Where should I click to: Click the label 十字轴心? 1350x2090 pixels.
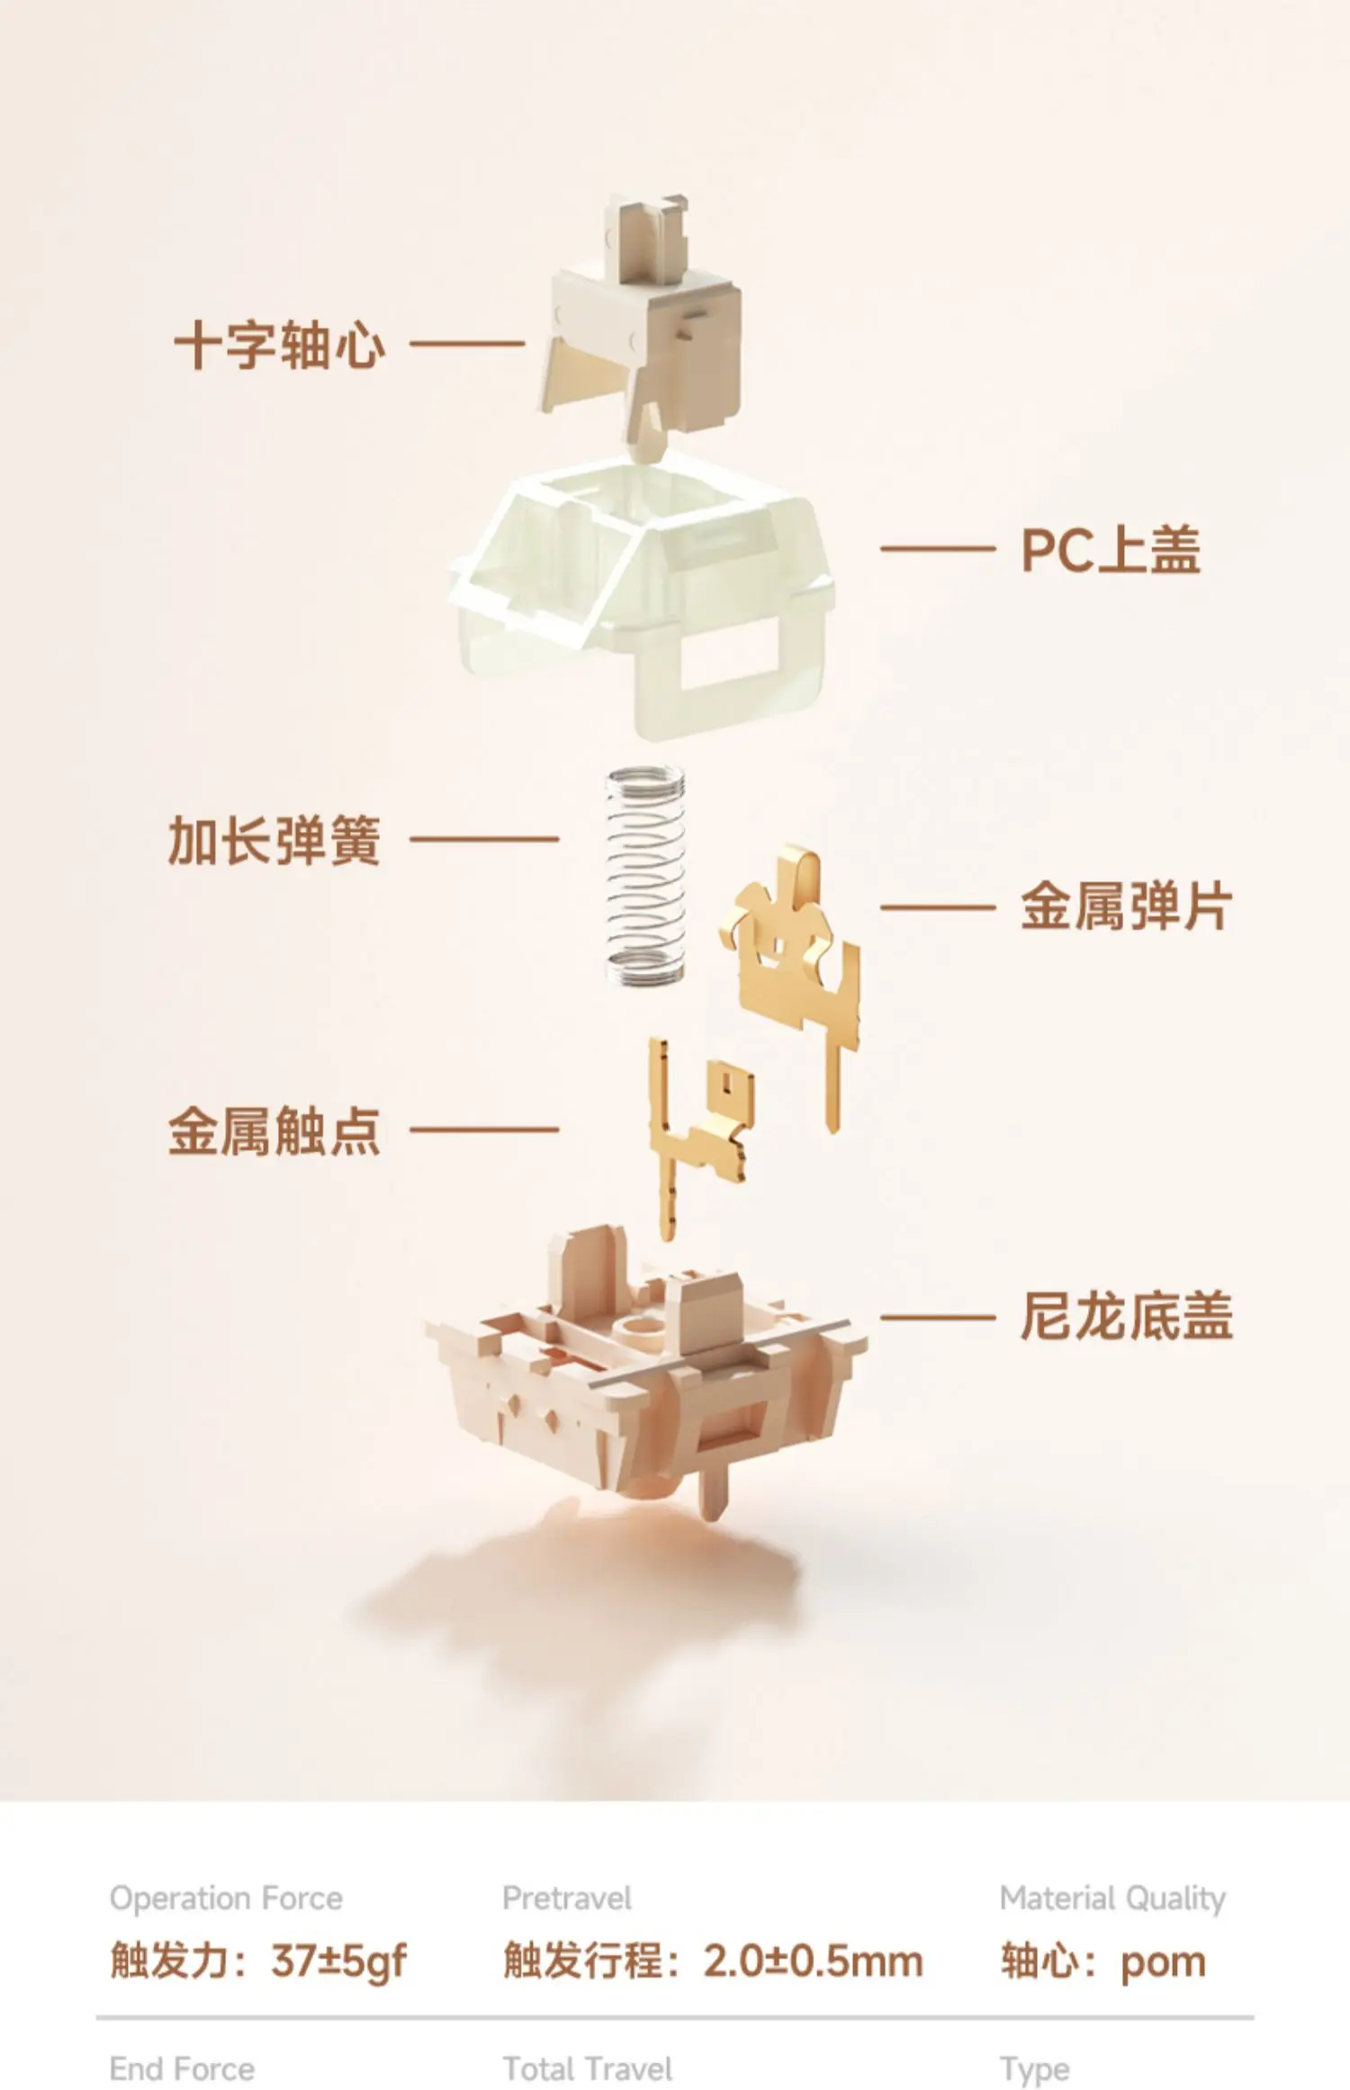[x=280, y=344]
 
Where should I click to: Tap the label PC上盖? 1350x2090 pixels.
[x=1111, y=549]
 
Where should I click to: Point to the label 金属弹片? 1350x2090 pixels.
[x=1126, y=906]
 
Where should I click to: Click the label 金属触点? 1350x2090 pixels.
[x=274, y=1131]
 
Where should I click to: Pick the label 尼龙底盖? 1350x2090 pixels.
[x=1126, y=1317]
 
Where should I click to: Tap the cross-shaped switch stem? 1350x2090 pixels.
[x=642, y=324]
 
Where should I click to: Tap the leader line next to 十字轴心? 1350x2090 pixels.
[x=467, y=343]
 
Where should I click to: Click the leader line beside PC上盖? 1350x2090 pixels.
[x=938, y=548]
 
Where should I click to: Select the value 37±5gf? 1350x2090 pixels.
[x=339, y=1961]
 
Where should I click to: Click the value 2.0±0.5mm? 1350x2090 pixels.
[x=814, y=1960]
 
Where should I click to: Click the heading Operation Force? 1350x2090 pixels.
[x=226, y=1898]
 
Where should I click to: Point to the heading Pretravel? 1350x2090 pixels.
[x=567, y=1898]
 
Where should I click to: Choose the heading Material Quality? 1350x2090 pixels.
[x=1113, y=1899]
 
